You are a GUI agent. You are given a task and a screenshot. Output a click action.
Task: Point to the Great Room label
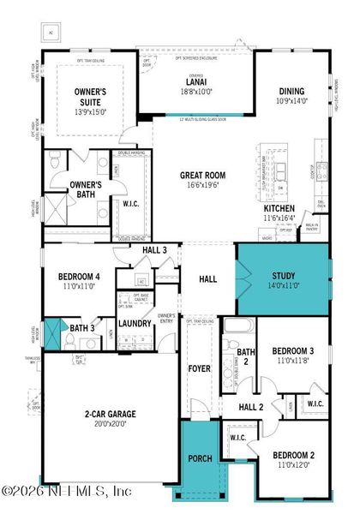click(x=201, y=175)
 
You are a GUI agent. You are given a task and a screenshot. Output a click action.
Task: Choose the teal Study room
click(x=283, y=280)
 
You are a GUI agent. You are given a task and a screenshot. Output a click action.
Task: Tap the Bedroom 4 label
click(x=78, y=278)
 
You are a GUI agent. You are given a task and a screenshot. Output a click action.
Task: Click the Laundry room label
click(x=135, y=323)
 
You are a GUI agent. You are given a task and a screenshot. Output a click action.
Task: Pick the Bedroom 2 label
click(x=293, y=456)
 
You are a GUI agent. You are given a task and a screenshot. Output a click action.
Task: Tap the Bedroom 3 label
click(x=293, y=351)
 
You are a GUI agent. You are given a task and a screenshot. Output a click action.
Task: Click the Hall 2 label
click(x=250, y=407)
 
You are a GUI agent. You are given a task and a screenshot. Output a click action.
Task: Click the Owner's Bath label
click(x=86, y=188)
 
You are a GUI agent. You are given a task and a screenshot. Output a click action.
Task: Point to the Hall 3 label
click(x=155, y=250)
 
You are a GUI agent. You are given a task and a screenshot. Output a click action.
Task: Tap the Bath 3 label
click(x=82, y=327)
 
